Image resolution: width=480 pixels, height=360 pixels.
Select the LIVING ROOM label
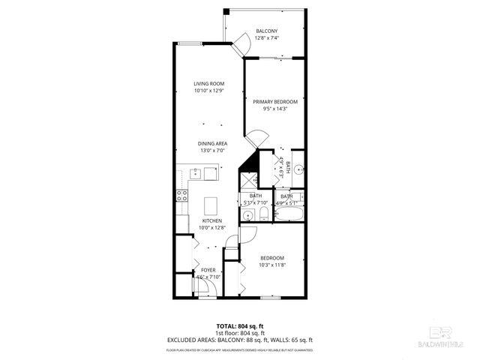(x=209, y=83)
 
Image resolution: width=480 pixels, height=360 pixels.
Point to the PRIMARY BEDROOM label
(x=275, y=102)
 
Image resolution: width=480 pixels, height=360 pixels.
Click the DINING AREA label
(x=212, y=143)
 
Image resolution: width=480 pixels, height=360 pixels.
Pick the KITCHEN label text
(x=211, y=221)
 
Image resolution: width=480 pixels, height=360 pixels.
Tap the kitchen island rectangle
(x=211, y=205)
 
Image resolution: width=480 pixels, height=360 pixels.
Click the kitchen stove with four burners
(x=181, y=196)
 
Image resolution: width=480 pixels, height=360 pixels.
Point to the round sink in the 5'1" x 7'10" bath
(x=247, y=217)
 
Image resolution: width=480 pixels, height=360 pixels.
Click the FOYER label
(x=208, y=270)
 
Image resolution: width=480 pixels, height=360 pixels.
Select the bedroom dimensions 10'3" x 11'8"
(x=271, y=265)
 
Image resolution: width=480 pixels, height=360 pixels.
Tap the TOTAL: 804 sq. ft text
(x=239, y=326)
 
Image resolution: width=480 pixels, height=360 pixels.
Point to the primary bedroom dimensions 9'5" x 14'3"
(x=275, y=109)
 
